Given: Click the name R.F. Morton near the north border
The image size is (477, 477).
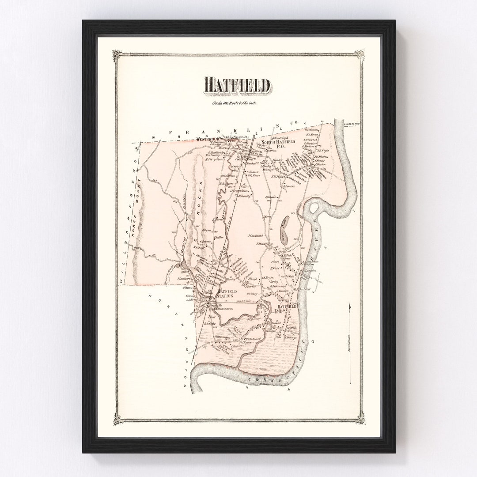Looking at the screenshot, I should [x=312, y=130].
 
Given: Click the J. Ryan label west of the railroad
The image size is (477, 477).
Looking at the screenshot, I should [x=206, y=231].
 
